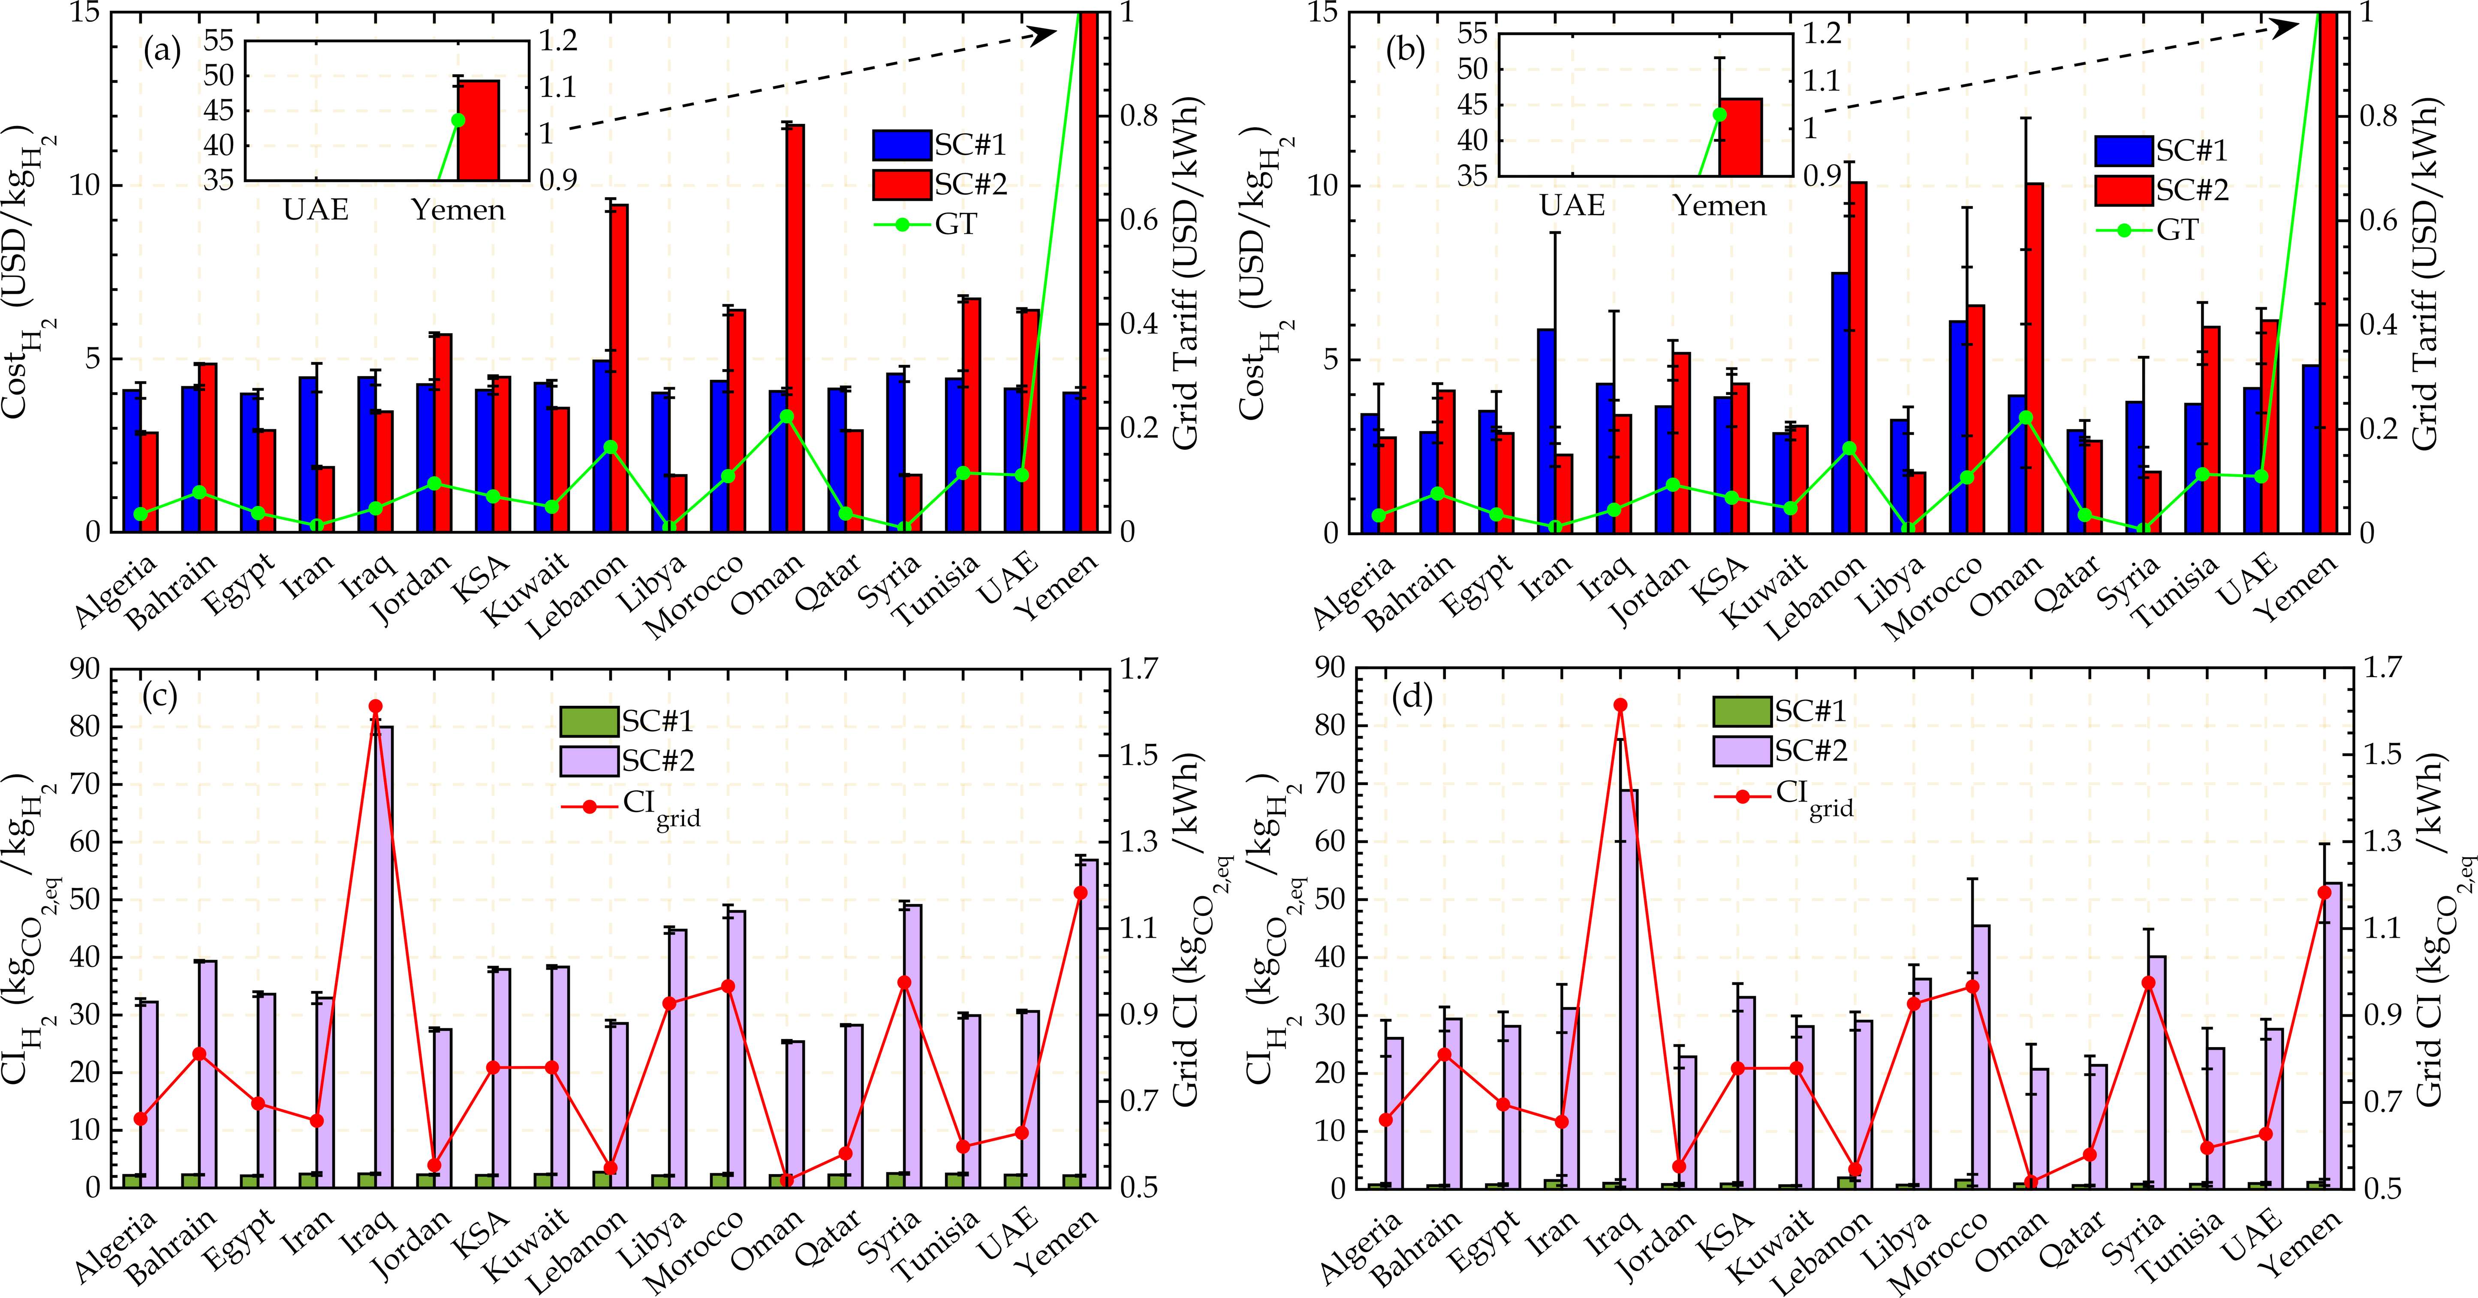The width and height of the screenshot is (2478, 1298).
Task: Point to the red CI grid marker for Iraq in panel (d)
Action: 1620,705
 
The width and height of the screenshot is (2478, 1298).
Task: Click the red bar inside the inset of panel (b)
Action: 1740,137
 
